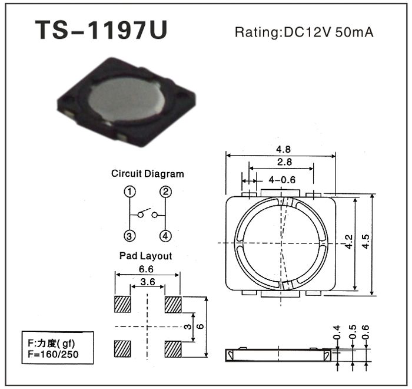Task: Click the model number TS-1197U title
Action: click(101, 30)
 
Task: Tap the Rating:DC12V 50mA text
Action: click(304, 32)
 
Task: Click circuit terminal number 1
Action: click(129, 192)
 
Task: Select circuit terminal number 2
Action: click(165, 192)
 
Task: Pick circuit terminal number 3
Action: click(129, 236)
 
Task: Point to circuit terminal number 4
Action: click(165, 236)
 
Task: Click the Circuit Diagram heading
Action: click(147, 174)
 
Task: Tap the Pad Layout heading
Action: click(145, 256)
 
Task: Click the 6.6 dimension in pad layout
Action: click(146, 269)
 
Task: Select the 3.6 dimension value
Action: click(148, 282)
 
